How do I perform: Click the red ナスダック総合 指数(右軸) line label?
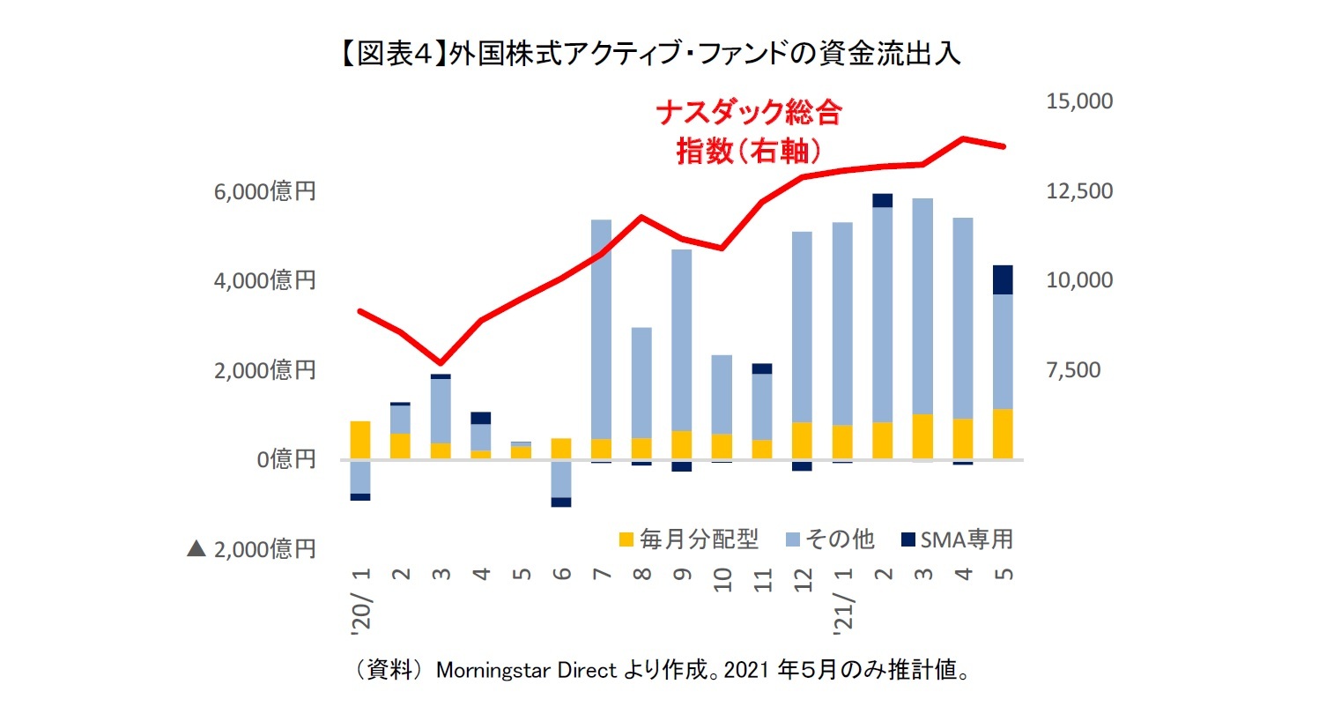click(x=749, y=131)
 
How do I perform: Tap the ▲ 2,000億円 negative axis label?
click(x=251, y=549)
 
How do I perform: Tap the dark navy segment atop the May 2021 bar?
click(x=1003, y=279)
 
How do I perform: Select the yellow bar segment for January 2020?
click(x=360, y=440)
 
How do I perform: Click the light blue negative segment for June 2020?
click(x=561, y=479)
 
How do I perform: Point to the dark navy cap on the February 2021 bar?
click(x=882, y=200)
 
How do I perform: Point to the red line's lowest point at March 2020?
click(x=441, y=363)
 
